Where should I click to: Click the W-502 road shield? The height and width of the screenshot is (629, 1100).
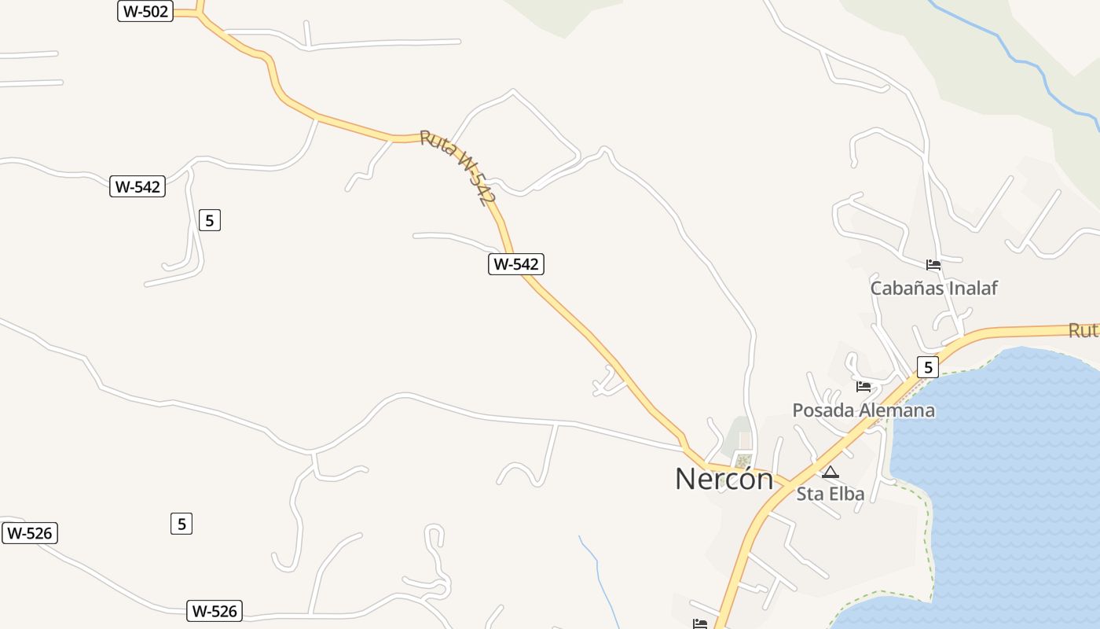point(145,11)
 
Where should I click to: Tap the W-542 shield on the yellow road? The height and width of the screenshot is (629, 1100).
point(516,264)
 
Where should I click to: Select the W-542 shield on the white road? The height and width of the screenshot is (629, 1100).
point(137,186)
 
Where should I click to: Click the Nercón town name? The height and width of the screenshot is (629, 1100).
point(724,479)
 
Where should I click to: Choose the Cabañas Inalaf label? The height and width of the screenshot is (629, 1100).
point(933,288)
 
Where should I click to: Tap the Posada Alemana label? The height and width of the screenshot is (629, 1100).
point(863,410)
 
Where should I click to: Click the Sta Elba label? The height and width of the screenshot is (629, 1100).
point(830,494)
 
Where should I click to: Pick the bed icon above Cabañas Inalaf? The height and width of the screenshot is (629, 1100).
point(933,264)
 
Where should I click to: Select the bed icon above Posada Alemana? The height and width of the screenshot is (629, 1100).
point(863,386)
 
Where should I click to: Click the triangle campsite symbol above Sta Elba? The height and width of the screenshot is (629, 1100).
point(830,472)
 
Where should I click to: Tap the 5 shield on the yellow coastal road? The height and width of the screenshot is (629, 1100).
point(928,366)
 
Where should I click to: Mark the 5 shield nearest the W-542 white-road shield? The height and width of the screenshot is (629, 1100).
point(209,220)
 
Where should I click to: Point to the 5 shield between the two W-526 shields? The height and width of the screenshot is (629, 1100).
point(181,523)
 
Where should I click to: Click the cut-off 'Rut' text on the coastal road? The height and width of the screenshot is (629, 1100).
point(1083,330)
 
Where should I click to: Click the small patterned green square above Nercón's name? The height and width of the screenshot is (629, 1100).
point(742,460)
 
